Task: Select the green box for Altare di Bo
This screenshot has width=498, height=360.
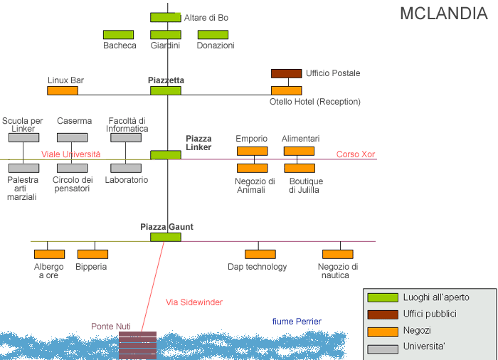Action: click(x=166, y=17)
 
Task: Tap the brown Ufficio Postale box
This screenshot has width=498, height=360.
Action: click(x=286, y=73)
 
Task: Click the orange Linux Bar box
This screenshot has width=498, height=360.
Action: click(x=63, y=91)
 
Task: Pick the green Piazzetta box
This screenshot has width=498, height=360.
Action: click(x=166, y=91)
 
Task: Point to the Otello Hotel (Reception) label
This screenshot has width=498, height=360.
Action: click(x=315, y=102)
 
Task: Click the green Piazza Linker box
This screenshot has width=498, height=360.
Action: click(x=166, y=154)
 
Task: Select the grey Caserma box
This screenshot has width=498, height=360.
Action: click(x=73, y=137)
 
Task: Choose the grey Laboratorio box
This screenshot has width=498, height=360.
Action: click(x=125, y=169)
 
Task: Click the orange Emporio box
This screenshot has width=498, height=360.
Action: click(x=252, y=151)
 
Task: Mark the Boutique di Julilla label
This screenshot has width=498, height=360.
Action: click(x=304, y=185)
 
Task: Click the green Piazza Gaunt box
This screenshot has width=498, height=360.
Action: click(x=166, y=237)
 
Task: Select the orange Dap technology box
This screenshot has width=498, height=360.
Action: click(x=260, y=254)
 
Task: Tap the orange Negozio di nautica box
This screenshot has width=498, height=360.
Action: click(x=337, y=254)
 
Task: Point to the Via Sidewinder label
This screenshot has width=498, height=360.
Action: click(x=194, y=302)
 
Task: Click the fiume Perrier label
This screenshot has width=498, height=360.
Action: click(x=297, y=322)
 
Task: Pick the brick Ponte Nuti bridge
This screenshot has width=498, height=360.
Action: click(x=137, y=345)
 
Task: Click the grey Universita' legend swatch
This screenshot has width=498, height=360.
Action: click(x=381, y=346)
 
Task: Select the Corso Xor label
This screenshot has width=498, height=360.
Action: click(x=355, y=154)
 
